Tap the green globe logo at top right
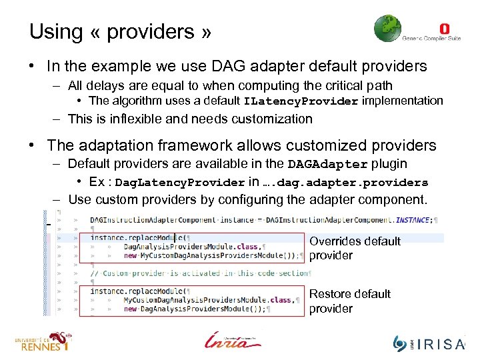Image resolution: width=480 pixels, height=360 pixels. point(387,29)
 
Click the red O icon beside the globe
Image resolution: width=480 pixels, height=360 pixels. point(445,29)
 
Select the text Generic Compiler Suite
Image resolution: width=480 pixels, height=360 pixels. point(431,39)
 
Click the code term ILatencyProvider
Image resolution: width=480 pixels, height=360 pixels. point(301,101)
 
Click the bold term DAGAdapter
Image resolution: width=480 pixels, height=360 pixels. point(327,165)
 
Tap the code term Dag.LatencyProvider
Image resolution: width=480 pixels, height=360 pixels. point(180,183)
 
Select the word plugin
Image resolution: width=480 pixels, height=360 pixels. point(391,164)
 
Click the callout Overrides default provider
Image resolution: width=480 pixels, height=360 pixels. point(355,248)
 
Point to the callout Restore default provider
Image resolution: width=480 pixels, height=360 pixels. point(350,301)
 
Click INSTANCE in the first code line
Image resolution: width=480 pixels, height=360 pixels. point(413,219)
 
